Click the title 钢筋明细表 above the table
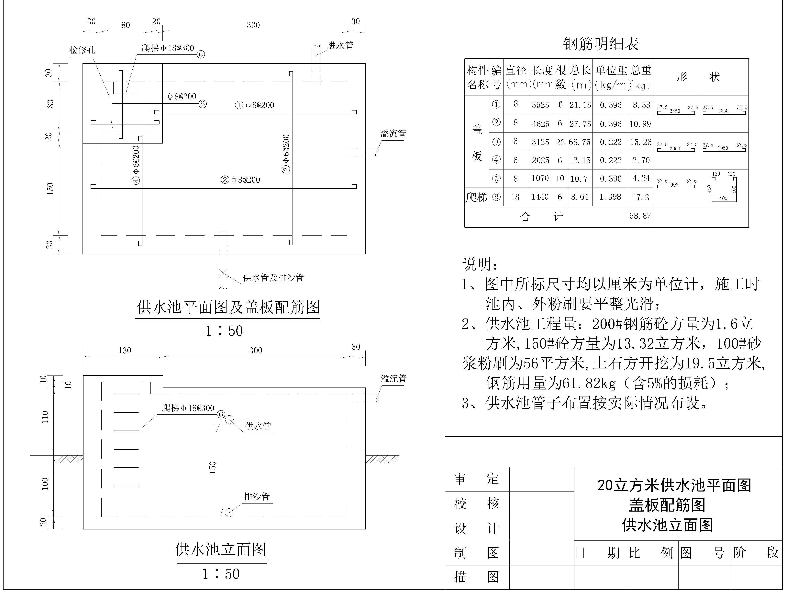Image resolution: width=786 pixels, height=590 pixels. (601, 44)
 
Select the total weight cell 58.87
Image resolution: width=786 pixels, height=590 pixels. (640, 216)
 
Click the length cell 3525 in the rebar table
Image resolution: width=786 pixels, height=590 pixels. (540, 105)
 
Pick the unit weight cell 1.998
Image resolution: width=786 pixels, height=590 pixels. (610, 197)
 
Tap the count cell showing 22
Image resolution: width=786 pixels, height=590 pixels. (560, 142)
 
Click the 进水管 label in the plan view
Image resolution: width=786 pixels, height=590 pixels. (340, 46)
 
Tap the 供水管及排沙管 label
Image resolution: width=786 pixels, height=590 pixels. (273, 277)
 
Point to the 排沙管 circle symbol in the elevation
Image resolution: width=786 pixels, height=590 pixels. (229, 512)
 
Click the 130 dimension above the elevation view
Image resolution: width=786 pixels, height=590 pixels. (125, 351)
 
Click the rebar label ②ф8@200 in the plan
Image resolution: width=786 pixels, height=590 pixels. (241, 180)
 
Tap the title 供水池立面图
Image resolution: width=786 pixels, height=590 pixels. (221, 550)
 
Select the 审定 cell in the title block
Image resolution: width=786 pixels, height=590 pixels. (477, 479)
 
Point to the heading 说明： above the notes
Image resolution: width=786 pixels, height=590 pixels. (480, 264)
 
